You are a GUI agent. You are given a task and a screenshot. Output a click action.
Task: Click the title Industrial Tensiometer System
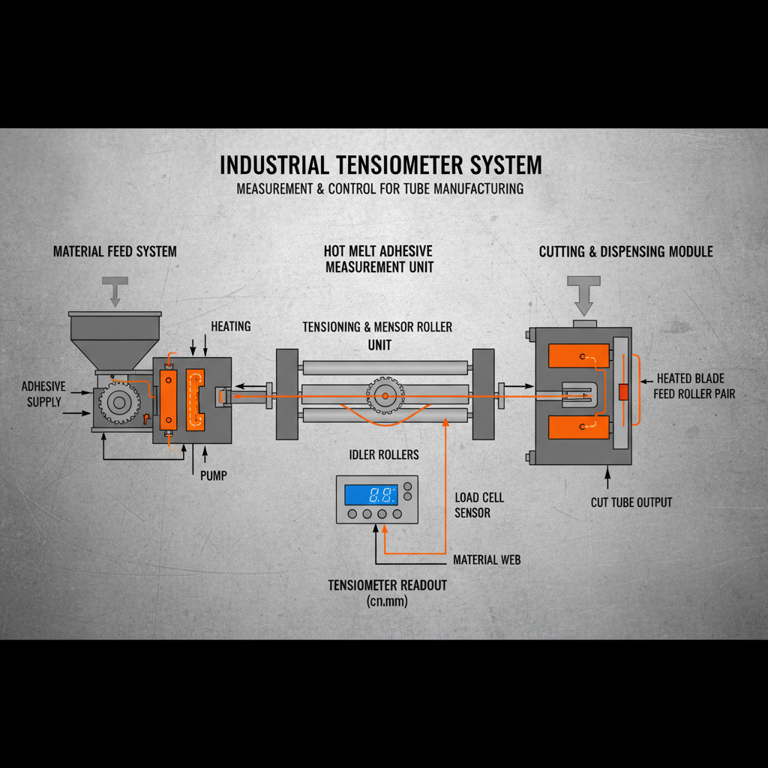coord(380,165)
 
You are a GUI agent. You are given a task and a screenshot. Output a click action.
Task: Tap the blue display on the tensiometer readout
coord(370,494)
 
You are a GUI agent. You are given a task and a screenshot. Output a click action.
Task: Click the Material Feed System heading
coord(115,251)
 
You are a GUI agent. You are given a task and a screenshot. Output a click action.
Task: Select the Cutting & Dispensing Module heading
coord(625,251)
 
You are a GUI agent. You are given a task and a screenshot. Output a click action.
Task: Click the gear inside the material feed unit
coord(118,403)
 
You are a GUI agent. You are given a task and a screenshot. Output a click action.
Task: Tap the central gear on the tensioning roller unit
coord(385,395)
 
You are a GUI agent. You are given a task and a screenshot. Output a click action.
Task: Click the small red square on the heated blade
coord(622,391)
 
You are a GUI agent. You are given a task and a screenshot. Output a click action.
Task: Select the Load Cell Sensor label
coord(479,505)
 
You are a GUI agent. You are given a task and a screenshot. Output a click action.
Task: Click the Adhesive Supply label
coord(43,394)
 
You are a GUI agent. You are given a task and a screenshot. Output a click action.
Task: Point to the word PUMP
coord(214,475)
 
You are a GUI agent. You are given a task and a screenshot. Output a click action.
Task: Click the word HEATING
coord(231,326)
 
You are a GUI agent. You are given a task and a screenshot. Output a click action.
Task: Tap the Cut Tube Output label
coord(631,502)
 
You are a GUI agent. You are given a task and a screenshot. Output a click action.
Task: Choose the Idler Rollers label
coord(384,455)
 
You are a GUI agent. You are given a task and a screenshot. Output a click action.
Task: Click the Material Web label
coord(487,560)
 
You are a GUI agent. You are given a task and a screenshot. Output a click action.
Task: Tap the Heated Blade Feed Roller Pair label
coord(694,385)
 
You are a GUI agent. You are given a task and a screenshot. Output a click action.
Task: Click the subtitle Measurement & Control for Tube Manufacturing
coord(380,188)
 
